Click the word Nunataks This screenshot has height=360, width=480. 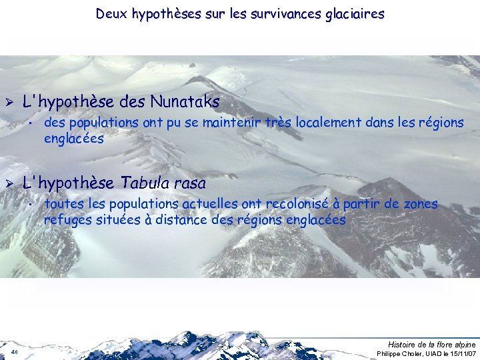pos(185,102)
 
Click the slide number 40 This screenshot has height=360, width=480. pos(14,352)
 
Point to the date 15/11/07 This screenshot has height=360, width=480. pos(459,353)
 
